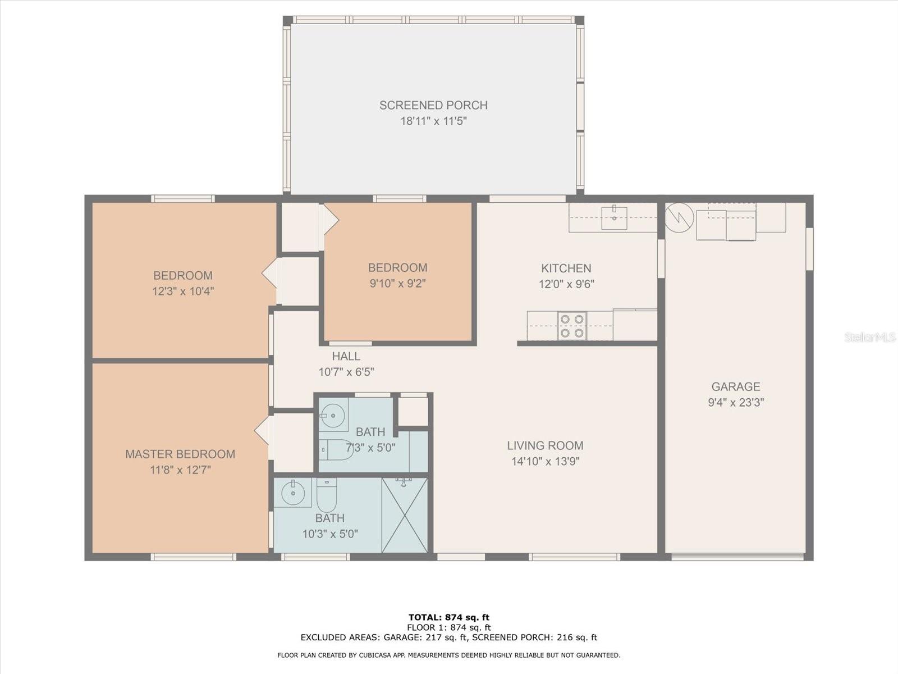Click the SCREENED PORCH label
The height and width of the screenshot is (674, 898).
pyautogui.click(x=433, y=105)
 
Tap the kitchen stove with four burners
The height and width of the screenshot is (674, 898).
pyautogui.click(x=572, y=326)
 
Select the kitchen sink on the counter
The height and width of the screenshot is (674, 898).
pyautogui.click(x=614, y=218)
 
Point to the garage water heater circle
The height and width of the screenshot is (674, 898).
pyautogui.click(x=679, y=218)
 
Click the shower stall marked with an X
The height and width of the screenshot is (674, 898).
pyautogui.click(x=405, y=515)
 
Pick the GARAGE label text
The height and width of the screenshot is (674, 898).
pyautogui.click(x=736, y=386)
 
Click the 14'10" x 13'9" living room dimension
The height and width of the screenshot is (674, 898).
pyautogui.click(x=546, y=462)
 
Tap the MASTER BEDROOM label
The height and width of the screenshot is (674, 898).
pyautogui.click(x=180, y=454)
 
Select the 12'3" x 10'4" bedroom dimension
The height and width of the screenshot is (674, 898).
pyautogui.click(x=183, y=292)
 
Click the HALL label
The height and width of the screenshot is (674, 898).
pyautogui.click(x=346, y=356)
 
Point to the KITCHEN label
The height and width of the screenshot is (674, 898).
pyautogui.click(x=566, y=268)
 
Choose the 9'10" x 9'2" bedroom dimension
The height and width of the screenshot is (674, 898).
pyautogui.click(x=398, y=283)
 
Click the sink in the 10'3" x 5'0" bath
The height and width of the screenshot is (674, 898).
pyautogui.click(x=293, y=493)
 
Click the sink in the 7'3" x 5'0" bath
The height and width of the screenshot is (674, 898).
pyautogui.click(x=333, y=415)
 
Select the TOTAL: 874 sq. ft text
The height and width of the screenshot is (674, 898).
pyautogui.click(x=449, y=617)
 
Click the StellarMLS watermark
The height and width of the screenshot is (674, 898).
pyautogui.click(x=869, y=337)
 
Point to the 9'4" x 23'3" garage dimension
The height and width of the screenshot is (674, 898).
pyautogui.click(x=736, y=402)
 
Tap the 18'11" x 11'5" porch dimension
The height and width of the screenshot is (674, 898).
pyautogui.click(x=433, y=121)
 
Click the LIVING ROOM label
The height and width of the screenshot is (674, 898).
pyautogui.click(x=546, y=445)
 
